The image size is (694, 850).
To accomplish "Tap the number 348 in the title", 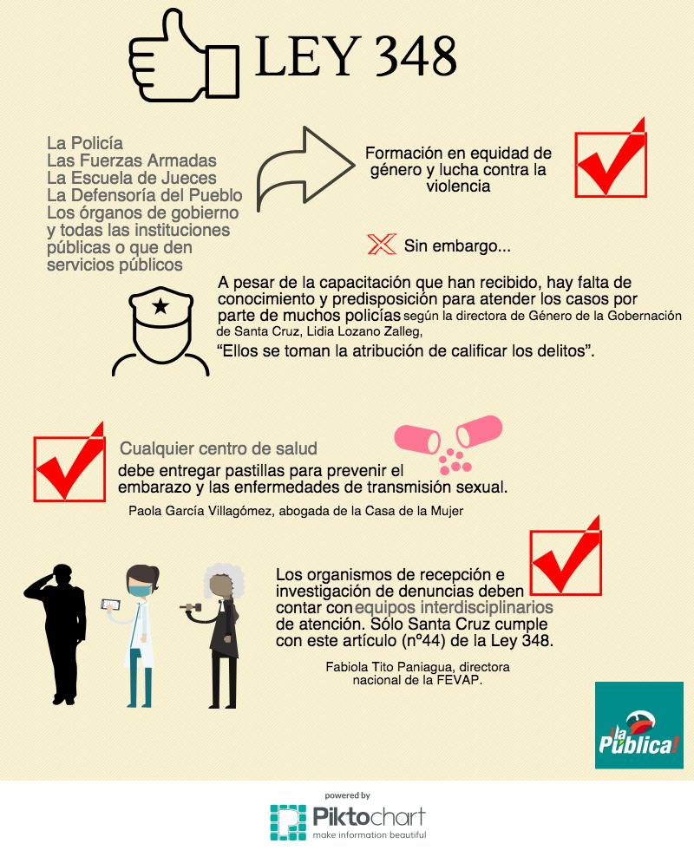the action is tap(416, 56).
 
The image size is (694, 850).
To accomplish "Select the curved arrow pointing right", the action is tap(304, 168).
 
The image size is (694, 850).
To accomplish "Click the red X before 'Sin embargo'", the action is tap(382, 245).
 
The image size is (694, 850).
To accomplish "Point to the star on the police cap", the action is tap(160, 306).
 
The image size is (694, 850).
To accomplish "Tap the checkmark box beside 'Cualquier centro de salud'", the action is tap(69, 462).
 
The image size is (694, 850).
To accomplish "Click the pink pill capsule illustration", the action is tap(448, 443).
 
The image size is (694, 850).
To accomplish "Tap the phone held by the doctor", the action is tap(111, 604).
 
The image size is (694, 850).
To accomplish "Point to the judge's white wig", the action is tap(224, 580).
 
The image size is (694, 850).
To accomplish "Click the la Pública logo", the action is tap(638, 725).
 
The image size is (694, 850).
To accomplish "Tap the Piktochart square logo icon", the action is tap(288, 823).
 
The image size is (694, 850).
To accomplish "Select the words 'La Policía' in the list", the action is tap(85, 143).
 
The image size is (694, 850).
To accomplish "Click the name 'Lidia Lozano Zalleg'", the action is tap(363, 331).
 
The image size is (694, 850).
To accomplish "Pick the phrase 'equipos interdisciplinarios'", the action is tap(454, 607).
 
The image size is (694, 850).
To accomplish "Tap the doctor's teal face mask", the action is tap(139, 589).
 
